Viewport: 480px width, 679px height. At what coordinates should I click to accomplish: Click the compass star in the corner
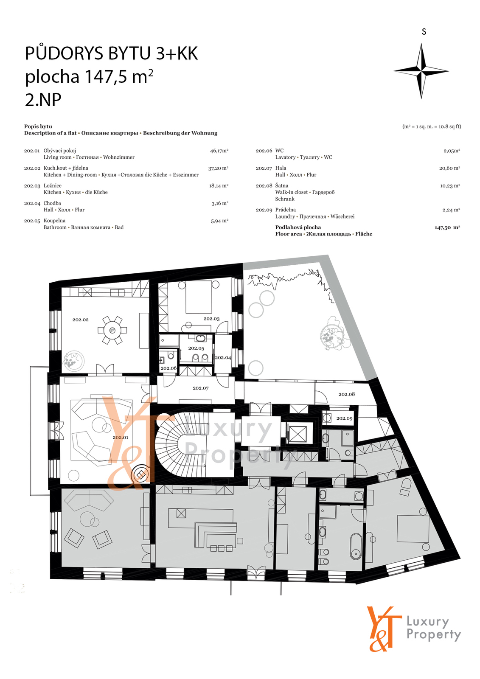tap(421, 71)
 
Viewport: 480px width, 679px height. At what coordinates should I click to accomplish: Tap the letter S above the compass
tap(424, 31)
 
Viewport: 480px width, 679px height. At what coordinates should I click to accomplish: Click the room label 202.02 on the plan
tap(80, 320)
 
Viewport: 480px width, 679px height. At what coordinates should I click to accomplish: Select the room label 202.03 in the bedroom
tap(211, 319)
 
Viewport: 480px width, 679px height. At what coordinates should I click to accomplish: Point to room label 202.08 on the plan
tap(347, 394)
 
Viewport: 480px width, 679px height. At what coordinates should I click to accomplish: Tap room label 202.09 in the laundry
tap(345, 418)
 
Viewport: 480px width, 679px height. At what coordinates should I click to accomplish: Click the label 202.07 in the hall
tap(200, 388)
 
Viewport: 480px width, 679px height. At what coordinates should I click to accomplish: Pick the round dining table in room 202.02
tap(112, 330)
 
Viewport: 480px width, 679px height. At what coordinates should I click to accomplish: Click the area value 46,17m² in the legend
tap(219, 150)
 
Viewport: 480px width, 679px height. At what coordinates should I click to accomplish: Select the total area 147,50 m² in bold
tap(447, 227)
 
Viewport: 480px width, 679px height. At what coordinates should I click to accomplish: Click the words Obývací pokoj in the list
tap(60, 151)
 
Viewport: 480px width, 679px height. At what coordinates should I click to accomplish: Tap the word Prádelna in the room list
tap(285, 210)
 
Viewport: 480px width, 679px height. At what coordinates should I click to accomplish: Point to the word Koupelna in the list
tap(54, 221)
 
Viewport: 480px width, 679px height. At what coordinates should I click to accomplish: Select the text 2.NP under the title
tap(43, 100)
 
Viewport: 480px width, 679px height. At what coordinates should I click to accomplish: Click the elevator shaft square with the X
tap(299, 432)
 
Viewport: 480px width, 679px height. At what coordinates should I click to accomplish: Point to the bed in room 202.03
tap(199, 297)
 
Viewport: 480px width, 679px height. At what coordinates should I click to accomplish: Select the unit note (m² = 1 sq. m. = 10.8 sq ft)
tap(432, 127)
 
